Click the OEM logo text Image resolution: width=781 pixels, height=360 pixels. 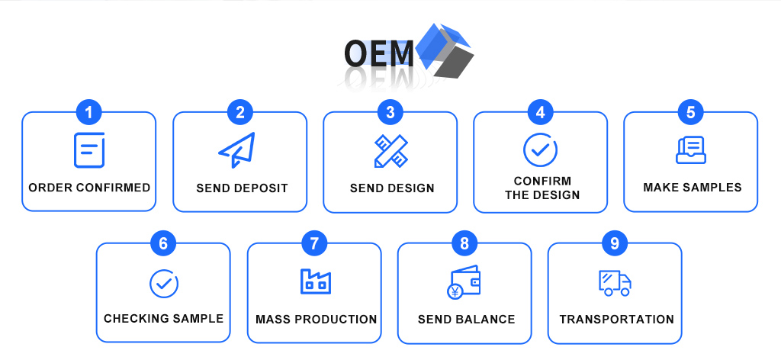[x=378, y=54]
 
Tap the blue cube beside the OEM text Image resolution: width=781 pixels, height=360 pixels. [x=445, y=50]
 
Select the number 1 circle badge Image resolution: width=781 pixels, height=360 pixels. [x=89, y=113]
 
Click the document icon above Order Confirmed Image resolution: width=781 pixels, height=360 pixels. [x=89, y=150]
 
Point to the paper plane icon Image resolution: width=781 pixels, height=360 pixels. [x=237, y=150]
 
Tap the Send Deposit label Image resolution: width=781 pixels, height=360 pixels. [x=242, y=188]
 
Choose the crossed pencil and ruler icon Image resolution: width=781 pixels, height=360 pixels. [x=391, y=151]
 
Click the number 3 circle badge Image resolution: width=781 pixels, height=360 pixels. [x=390, y=113]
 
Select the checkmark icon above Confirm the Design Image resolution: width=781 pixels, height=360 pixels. [x=541, y=149]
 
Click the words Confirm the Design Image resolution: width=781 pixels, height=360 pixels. [x=542, y=188]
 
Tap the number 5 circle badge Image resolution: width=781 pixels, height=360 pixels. [x=691, y=113]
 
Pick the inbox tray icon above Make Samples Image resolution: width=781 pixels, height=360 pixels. [x=691, y=150]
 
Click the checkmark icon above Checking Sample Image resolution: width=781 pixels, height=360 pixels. [x=164, y=284]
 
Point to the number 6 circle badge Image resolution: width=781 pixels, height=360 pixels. [x=164, y=244]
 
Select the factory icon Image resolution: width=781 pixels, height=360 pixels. [x=315, y=281]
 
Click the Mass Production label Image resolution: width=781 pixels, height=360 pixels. [x=317, y=319]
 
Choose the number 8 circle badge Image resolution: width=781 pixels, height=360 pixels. [x=464, y=244]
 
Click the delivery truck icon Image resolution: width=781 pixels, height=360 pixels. [x=615, y=283]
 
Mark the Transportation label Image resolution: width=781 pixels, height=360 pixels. [x=616, y=319]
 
